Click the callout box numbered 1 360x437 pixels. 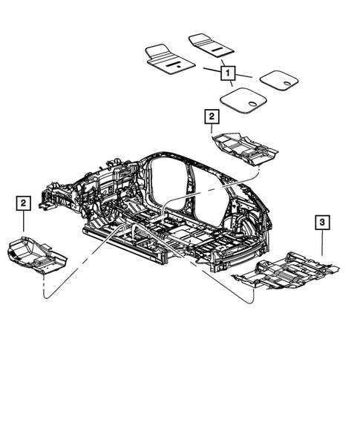click(227, 73)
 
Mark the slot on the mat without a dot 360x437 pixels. click(215, 47)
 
